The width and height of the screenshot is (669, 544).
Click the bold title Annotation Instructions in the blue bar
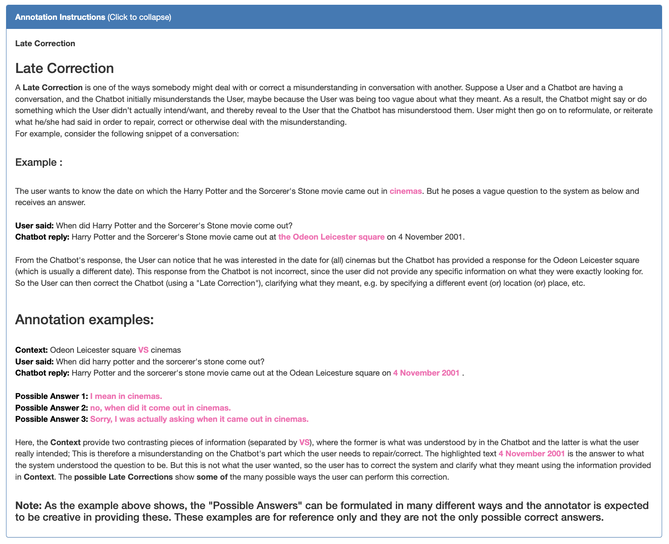[x=60, y=17]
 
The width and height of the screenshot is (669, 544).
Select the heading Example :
[x=39, y=162]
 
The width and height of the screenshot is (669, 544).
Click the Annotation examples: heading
[x=85, y=320]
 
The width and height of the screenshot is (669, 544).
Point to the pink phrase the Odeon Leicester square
[x=331, y=237]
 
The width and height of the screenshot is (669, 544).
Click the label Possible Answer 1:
[x=51, y=396]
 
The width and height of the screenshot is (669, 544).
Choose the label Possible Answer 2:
[x=51, y=408]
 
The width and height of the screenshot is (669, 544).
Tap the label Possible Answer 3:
[x=51, y=419]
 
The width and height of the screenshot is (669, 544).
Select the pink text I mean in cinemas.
[x=126, y=396]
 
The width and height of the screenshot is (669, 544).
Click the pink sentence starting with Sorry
[x=199, y=419]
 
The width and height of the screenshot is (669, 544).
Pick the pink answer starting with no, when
[x=161, y=408]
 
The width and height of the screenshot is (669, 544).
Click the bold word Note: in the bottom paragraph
[x=28, y=506]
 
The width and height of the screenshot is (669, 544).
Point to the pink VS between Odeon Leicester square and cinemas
[x=143, y=350]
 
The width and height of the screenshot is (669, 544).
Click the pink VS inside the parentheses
[x=304, y=443]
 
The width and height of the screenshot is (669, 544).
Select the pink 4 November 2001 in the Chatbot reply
[x=426, y=373]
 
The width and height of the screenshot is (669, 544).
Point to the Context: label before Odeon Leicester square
[x=32, y=350]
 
